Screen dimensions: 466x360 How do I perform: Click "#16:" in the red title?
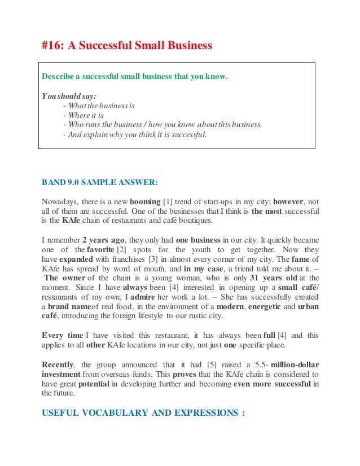pyautogui.click(x=53, y=45)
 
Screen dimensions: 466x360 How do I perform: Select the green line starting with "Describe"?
pyautogui.click(x=135, y=77)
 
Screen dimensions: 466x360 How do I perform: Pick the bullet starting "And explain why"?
pyautogui.click(x=135, y=134)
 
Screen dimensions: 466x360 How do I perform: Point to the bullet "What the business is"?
pyautogui.click(x=99, y=105)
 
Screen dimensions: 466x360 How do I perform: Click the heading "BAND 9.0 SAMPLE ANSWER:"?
pyautogui.click(x=100, y=183)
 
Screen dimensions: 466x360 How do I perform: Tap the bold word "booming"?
pyautogui.click(x=145, y=201)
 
